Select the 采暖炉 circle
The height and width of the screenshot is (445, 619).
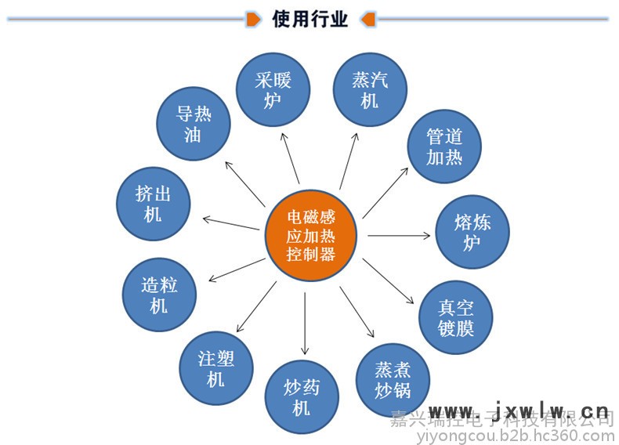tap(273, 89)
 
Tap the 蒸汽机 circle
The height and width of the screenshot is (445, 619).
tap(370, 90)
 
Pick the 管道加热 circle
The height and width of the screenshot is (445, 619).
tap(444, 147)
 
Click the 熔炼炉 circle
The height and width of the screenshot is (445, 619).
tap(472, 232)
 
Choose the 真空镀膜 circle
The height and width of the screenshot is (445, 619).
tap(456, 317)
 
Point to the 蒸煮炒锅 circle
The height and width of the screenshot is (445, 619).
tap(392, 380)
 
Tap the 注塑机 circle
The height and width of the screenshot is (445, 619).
tap(215, 368)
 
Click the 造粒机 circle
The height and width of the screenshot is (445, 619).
tap(159, 295)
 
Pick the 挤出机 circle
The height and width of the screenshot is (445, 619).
tap(153, 203)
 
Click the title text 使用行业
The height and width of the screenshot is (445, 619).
tap(309, 18)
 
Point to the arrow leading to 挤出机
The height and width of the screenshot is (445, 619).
tap(231, 222)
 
